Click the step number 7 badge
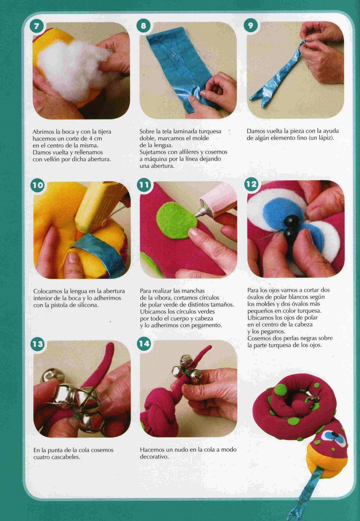point(36,26)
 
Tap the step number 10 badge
point(37,185)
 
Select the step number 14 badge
point(144,344)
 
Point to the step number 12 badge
point(251,184)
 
